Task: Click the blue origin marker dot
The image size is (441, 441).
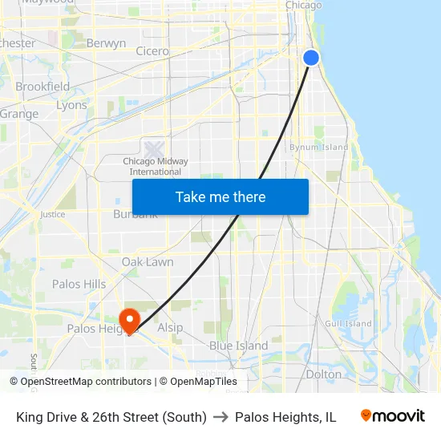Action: coord(311,57)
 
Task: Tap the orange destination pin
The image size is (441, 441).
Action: coord(128,321)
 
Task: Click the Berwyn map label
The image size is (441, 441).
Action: coord(106,43)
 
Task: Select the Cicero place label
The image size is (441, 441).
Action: coord(152,51)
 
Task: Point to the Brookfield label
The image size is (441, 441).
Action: coord(42,87)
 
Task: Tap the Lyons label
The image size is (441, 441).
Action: coord(71,105)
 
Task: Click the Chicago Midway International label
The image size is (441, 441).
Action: coord(156,166)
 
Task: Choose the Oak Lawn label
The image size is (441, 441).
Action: coord(148,262)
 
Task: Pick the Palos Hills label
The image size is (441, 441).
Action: coord(79,284)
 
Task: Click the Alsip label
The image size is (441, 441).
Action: coord(170,327)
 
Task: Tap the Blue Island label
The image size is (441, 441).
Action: coord(238,346)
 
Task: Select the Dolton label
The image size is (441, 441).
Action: coord(324,374)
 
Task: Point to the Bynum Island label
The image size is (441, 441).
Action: coord(319,148)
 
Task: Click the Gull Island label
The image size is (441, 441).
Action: coord(348,324)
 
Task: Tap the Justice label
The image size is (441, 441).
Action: coord(53,215)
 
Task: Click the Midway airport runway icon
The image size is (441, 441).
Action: coord(154,148)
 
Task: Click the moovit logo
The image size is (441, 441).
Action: coord(393,416)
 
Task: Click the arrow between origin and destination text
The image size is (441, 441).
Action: coord(220,417)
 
